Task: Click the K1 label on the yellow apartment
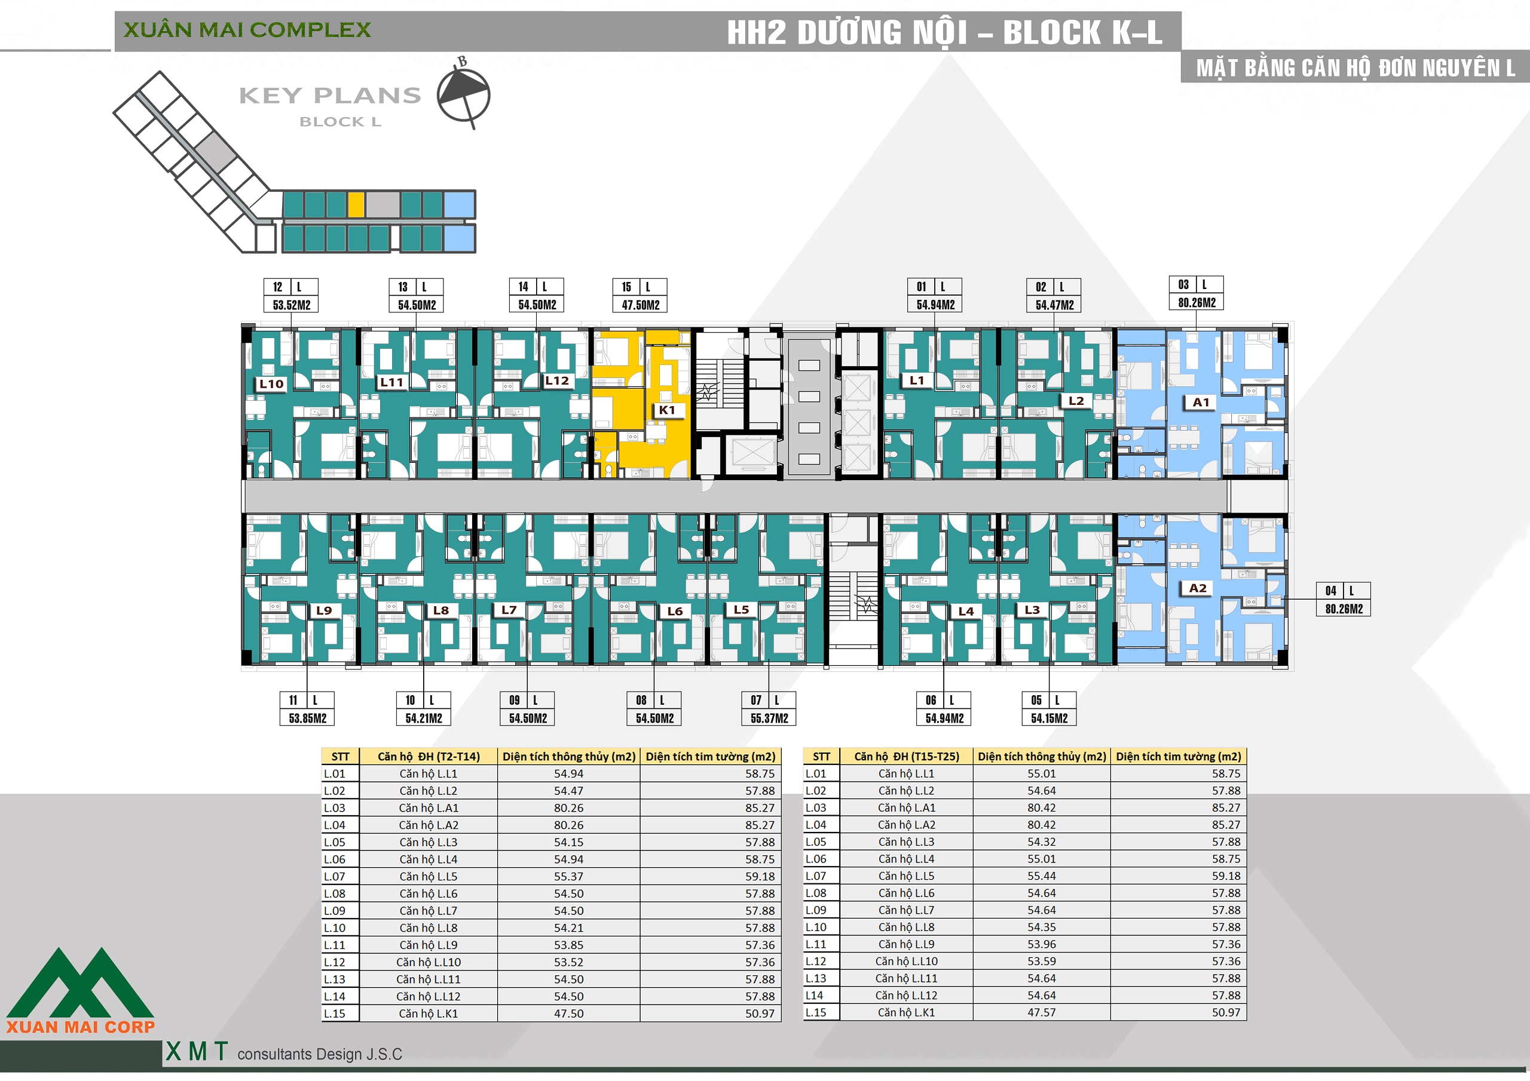[667, 410]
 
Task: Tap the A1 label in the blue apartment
[1201, 403]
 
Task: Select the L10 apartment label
[271, 383]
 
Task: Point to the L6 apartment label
[675, 611]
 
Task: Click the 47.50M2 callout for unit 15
[640, 305]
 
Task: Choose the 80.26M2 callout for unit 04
[1344, 609]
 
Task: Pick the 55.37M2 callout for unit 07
[769, 718]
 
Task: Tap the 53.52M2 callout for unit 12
[291, 305]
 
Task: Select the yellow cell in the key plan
[356, 204]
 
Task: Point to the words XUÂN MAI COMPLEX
[247, 30]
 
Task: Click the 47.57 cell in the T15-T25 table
[1041, 1012]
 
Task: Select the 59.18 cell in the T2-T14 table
[760, 877]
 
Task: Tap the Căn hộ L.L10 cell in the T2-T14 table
[429, 962]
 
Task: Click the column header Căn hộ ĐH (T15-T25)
[906, 757]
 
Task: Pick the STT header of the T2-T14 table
[340, 757]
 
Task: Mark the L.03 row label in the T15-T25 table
[816, 808]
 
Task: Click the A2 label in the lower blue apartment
[1198, 588]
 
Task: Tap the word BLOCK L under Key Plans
[340, 122]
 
